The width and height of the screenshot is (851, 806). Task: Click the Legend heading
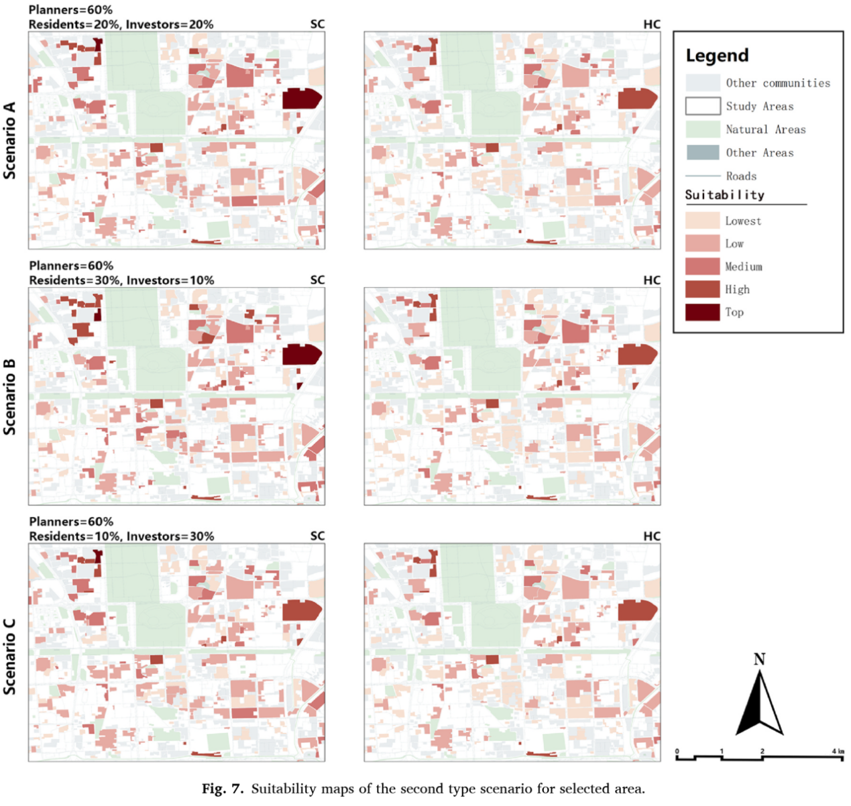[716, 56]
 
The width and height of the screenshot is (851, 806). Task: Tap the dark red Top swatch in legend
[702, 312]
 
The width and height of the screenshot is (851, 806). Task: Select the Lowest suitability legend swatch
[702, 221]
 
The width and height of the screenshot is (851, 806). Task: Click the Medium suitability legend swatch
[702, 266]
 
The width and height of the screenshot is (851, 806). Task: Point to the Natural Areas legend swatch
[702, 129]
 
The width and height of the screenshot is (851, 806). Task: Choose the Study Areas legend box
[702, 106]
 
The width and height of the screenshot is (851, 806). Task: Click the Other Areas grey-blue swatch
[702, 152]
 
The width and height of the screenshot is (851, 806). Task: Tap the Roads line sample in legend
[702, 176]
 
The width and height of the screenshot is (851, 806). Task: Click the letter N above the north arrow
[759, 659]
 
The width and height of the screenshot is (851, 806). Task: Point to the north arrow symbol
[760, 704]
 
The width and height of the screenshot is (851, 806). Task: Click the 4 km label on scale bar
[838, 751]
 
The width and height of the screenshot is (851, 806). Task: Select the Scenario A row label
[9, 140]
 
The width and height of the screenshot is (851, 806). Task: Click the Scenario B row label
[9, 396]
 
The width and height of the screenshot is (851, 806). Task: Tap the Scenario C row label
[9, 656]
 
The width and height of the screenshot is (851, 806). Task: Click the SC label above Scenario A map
[317, 24]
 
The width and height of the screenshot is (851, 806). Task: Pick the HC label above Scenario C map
[651, 536]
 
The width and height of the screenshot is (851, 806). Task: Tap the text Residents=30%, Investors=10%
[121, 280]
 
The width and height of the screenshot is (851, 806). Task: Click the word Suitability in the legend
[724, 195]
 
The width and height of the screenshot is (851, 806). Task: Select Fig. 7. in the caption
[223, 789]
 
